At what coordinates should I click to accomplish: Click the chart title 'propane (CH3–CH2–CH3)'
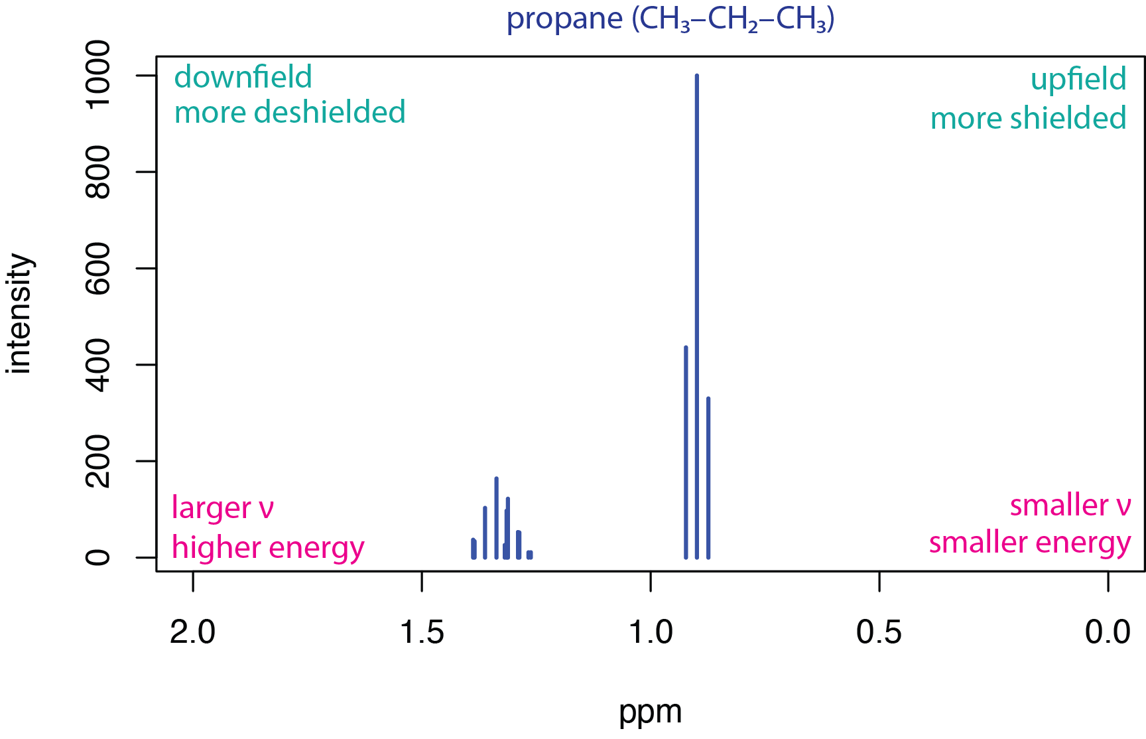pos(670,19)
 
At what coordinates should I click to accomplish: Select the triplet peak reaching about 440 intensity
pos(686,451)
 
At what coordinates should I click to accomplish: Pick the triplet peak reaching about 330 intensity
pos(708,478)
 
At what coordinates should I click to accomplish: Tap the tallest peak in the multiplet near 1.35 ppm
pos(496,517)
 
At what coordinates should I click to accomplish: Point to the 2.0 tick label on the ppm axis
pos(192,632)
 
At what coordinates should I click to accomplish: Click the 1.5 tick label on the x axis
pos(422,632)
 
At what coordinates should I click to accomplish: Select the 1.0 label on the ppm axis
pos(651,632)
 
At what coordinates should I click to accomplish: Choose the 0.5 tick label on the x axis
pos(879,632)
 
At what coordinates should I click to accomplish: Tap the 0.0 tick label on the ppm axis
pos(1108,632)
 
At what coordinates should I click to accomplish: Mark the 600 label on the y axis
pos(98,268)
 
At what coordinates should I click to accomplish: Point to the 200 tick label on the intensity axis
pos(98,461)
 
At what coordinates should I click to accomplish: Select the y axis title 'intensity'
pos(20,314)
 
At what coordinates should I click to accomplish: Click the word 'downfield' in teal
pos(243,78)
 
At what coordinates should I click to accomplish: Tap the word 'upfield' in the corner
pos(1078,80)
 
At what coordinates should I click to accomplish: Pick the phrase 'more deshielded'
pos(290,113)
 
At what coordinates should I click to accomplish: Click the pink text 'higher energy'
pos(268,548)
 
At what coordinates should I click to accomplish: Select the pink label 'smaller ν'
pos(1070,505)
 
